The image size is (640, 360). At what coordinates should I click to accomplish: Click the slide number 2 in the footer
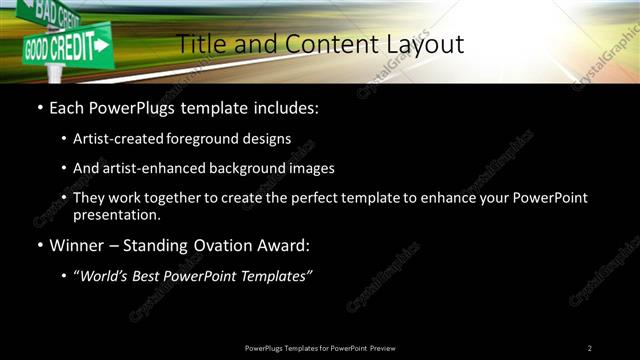tap(590, 347)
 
